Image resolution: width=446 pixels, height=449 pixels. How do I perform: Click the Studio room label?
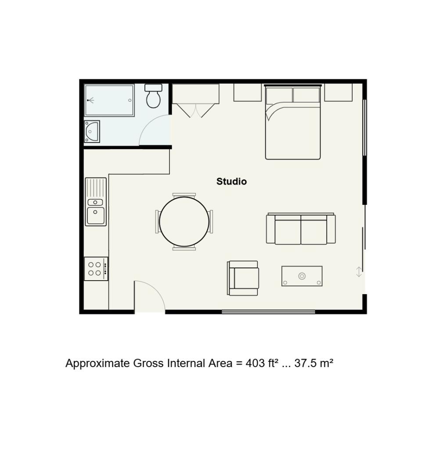point(231,182)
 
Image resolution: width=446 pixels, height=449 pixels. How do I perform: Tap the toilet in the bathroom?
point(153,96)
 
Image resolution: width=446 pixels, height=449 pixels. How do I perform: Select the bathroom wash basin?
point(92,132)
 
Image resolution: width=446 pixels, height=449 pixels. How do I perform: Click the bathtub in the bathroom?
point(109,100)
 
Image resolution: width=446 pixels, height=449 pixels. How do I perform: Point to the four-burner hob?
point(96,269)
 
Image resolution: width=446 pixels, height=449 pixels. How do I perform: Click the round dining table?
point(184,221)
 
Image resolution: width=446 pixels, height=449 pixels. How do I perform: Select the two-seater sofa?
point(301,228)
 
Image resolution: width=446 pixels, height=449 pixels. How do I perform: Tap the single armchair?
point(243,278)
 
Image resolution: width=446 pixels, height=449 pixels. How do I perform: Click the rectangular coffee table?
point(302,276)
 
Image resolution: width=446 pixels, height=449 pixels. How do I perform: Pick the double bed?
point(293,122)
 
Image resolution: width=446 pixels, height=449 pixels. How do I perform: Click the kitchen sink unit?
point(96,202)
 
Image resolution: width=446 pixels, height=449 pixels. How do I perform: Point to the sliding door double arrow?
point(359,272)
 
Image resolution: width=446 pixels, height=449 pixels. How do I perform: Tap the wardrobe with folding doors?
point(195,100)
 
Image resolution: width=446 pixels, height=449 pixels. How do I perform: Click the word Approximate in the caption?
point(97,363)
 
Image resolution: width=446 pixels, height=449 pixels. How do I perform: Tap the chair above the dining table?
point(184,196)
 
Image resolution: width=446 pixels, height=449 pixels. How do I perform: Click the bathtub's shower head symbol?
point(90,100)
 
